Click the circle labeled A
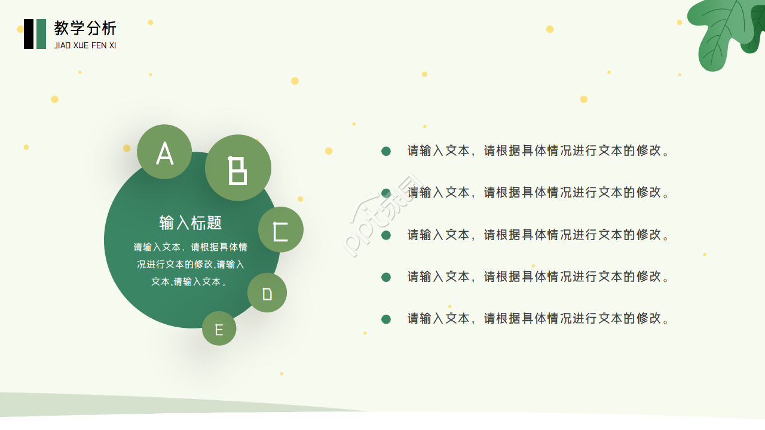(164, 152)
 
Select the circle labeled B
(238, 168)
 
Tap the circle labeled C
(281, 229)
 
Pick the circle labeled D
(267, 293)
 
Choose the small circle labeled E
(219, 328)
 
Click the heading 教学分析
(85, 28)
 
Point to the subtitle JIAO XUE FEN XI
(85, 45)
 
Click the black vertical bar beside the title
(29, 34)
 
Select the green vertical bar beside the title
(41, 34)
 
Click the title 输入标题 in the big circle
(191, 223)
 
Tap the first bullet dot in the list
(386, 151)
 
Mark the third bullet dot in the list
(386, 235)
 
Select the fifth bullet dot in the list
(386, 319)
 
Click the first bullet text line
(538, 150)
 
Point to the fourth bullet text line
(538, 277)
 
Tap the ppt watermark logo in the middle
(382, 215)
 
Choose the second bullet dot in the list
(386, 193)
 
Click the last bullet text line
(538, 318)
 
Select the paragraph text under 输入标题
(191, 264)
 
